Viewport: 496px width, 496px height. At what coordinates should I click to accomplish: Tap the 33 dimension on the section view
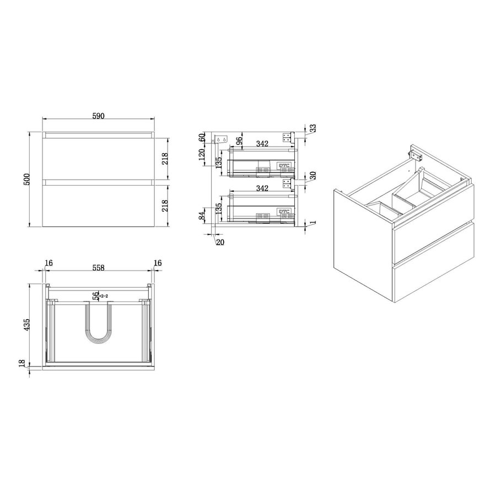312,128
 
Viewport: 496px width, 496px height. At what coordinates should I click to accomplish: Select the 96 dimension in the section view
239,141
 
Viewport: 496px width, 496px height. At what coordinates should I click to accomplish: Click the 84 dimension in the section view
203,215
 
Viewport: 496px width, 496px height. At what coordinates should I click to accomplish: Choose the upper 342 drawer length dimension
262,143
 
